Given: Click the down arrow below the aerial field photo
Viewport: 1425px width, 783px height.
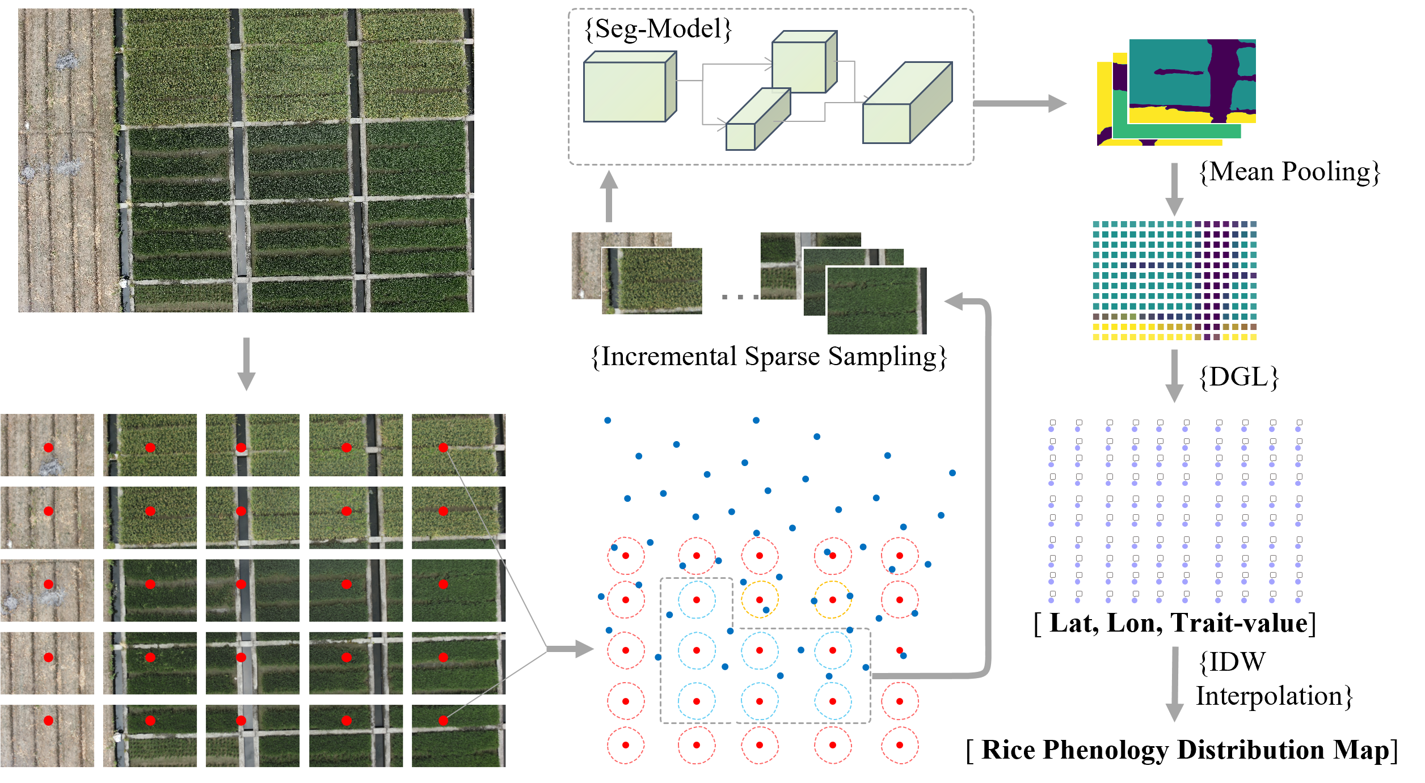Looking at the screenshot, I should coord(246,363).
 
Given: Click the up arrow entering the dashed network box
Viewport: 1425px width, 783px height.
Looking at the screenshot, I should coord(609,196).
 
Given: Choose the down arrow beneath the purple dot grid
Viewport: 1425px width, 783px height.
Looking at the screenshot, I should coord(1174,683).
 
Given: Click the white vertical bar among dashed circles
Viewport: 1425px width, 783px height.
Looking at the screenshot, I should coord(735,675).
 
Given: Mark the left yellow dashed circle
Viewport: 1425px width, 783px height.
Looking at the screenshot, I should coord(760,599).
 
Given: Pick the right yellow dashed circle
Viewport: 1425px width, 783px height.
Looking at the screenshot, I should coord(833,599).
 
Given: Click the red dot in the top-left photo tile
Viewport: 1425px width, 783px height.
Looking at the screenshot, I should coord(48,448).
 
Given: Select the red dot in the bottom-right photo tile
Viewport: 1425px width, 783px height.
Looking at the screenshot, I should coord(444,721).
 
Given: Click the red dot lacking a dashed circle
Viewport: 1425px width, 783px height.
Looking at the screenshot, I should coord(899,650).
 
